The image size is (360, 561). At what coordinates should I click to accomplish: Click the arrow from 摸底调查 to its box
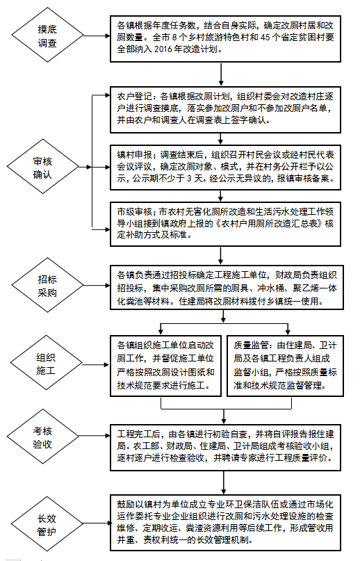[x=97, y=35]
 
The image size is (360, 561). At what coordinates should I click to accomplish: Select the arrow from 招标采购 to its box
[x=97, y=286]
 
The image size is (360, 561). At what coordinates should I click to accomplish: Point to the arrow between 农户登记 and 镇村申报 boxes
[x=221, y=138]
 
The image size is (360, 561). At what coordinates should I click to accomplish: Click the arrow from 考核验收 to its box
[x=95, y=436]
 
